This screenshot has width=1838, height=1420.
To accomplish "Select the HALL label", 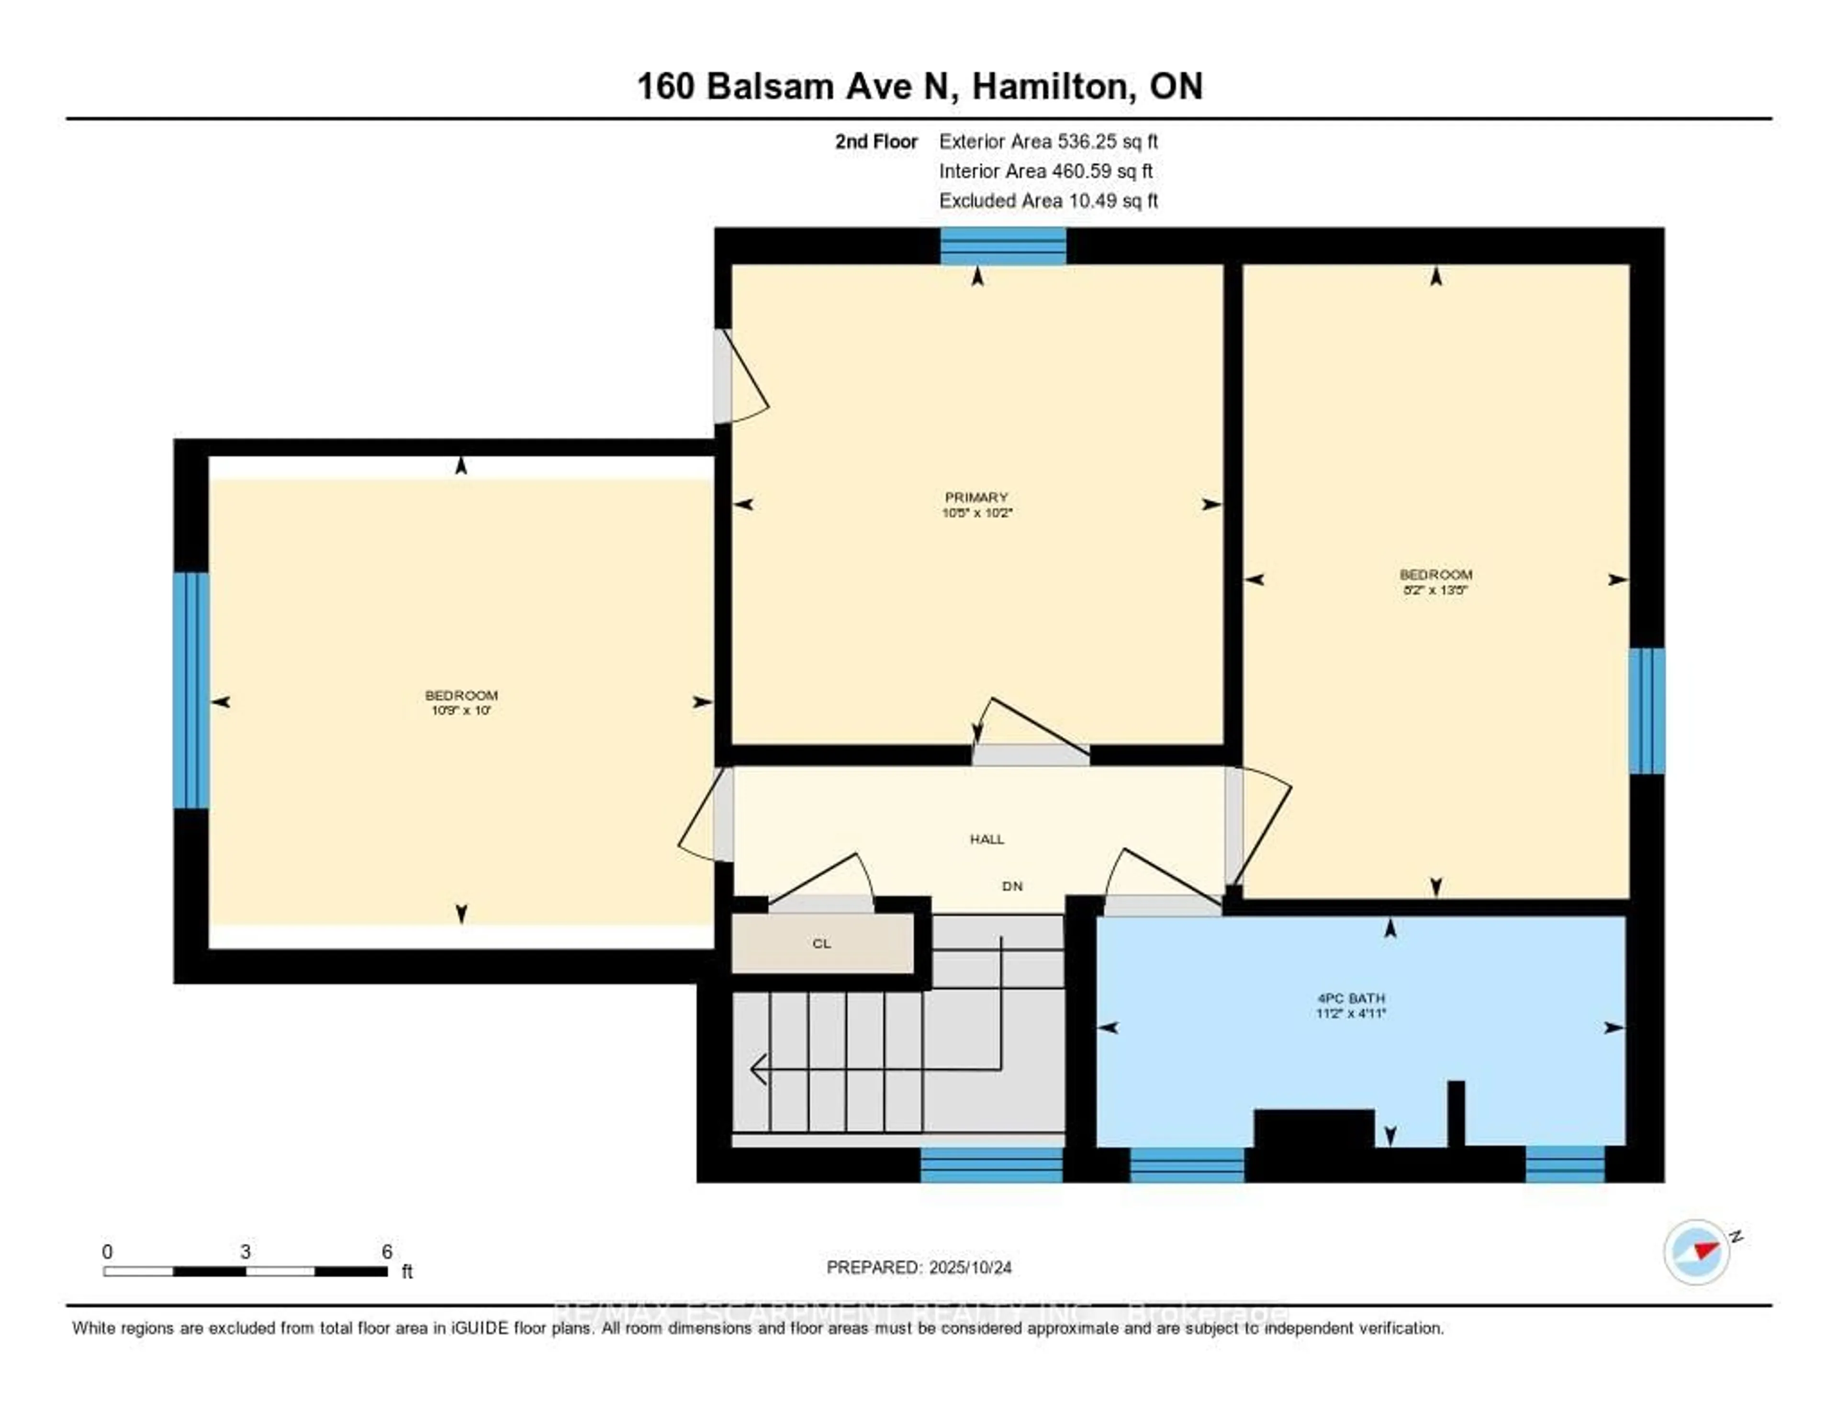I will (x=986, y=839).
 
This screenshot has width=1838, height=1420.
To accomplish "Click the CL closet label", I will (x=821, y=944).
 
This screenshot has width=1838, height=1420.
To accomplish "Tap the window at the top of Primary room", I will (x=1002, y=246).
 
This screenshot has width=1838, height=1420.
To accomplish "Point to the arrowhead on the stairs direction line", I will (x=757, y=1070).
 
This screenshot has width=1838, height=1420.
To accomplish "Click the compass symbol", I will (x=1696, y=1251).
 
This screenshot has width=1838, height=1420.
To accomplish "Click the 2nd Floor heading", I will (x=875, y=141).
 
